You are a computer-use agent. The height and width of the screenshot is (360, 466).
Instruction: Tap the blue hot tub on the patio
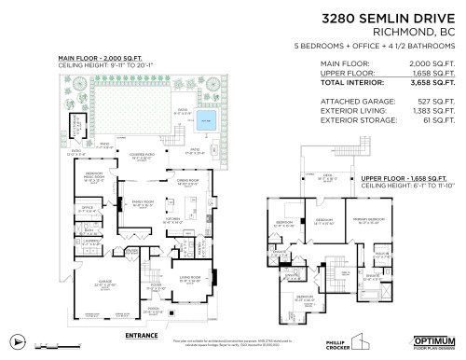point(205,119)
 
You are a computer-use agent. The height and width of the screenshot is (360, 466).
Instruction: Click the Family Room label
point(143,201)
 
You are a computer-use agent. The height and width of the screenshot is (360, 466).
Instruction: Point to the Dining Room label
point(190,182)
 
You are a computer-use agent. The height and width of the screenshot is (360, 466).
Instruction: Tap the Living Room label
point(190,278)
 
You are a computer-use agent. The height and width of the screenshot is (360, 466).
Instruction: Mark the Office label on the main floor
point(89,208)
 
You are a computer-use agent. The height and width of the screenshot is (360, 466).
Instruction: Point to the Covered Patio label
point(142,158)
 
